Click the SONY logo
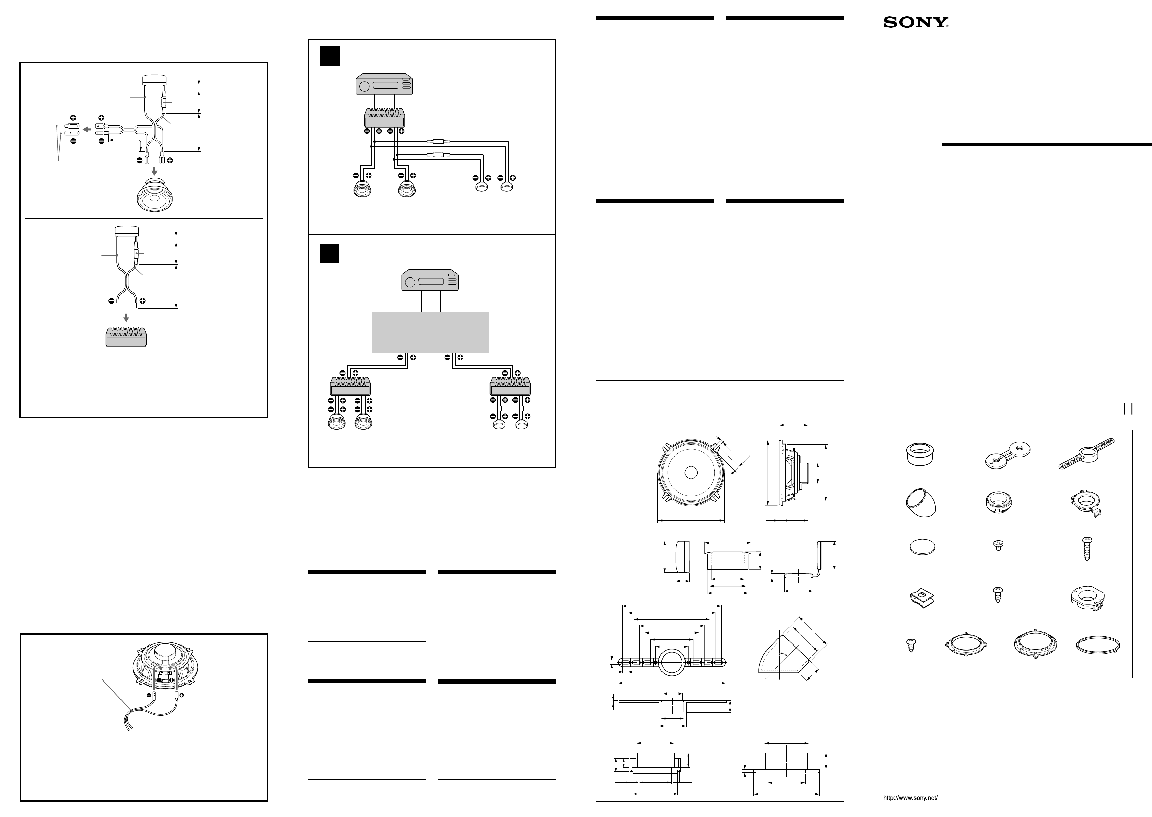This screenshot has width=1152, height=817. [x=916, y=23]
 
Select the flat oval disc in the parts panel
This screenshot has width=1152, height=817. [x=922, y=547]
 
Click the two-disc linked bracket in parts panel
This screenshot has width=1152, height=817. [x=1007, y=453]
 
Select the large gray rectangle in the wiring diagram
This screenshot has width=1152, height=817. [x=430, y=333]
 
